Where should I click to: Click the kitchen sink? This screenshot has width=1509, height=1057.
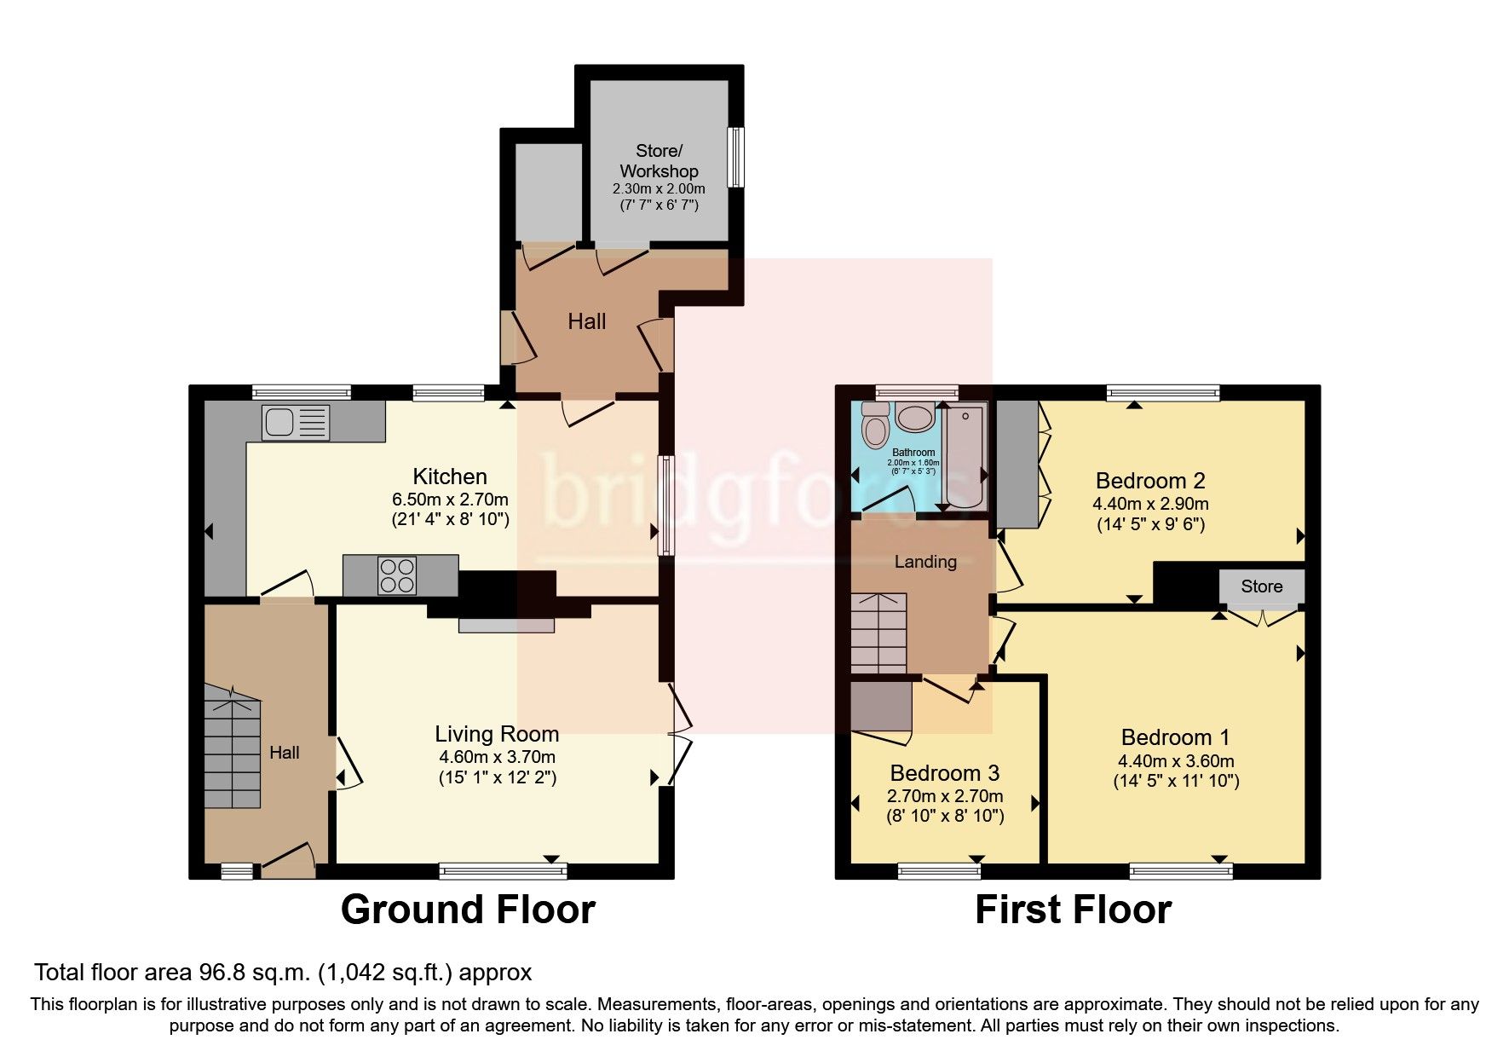click(x=296, y=424)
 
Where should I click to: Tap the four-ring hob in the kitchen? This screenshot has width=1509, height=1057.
click(x=397, y=575)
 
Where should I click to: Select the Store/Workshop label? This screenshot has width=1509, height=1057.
click(x=659, y=161)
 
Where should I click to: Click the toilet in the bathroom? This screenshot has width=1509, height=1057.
click(x=875, y=426)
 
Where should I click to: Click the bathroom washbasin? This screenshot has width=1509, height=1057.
click(x=914, y=418)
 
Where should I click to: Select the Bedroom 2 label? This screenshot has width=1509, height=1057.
click(x=1151, y=481)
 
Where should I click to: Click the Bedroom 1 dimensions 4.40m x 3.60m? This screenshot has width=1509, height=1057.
click(x=1176, y=761)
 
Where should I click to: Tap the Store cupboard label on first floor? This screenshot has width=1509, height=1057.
click(x=1261, y=586)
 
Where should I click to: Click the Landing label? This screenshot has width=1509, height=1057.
click(x=925, y=562)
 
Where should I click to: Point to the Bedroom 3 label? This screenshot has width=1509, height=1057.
click(x=944, y=773)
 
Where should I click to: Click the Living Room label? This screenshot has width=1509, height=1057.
click(x=497, y=734)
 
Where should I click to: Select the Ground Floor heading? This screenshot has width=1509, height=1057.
click(x=468, y=910)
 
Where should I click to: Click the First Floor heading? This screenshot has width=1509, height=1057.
click(x=1073, y=910)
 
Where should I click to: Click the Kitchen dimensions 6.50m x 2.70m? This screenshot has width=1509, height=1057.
click(x=450, y=500)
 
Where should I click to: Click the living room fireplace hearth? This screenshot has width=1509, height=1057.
click(x=506, y=627)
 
